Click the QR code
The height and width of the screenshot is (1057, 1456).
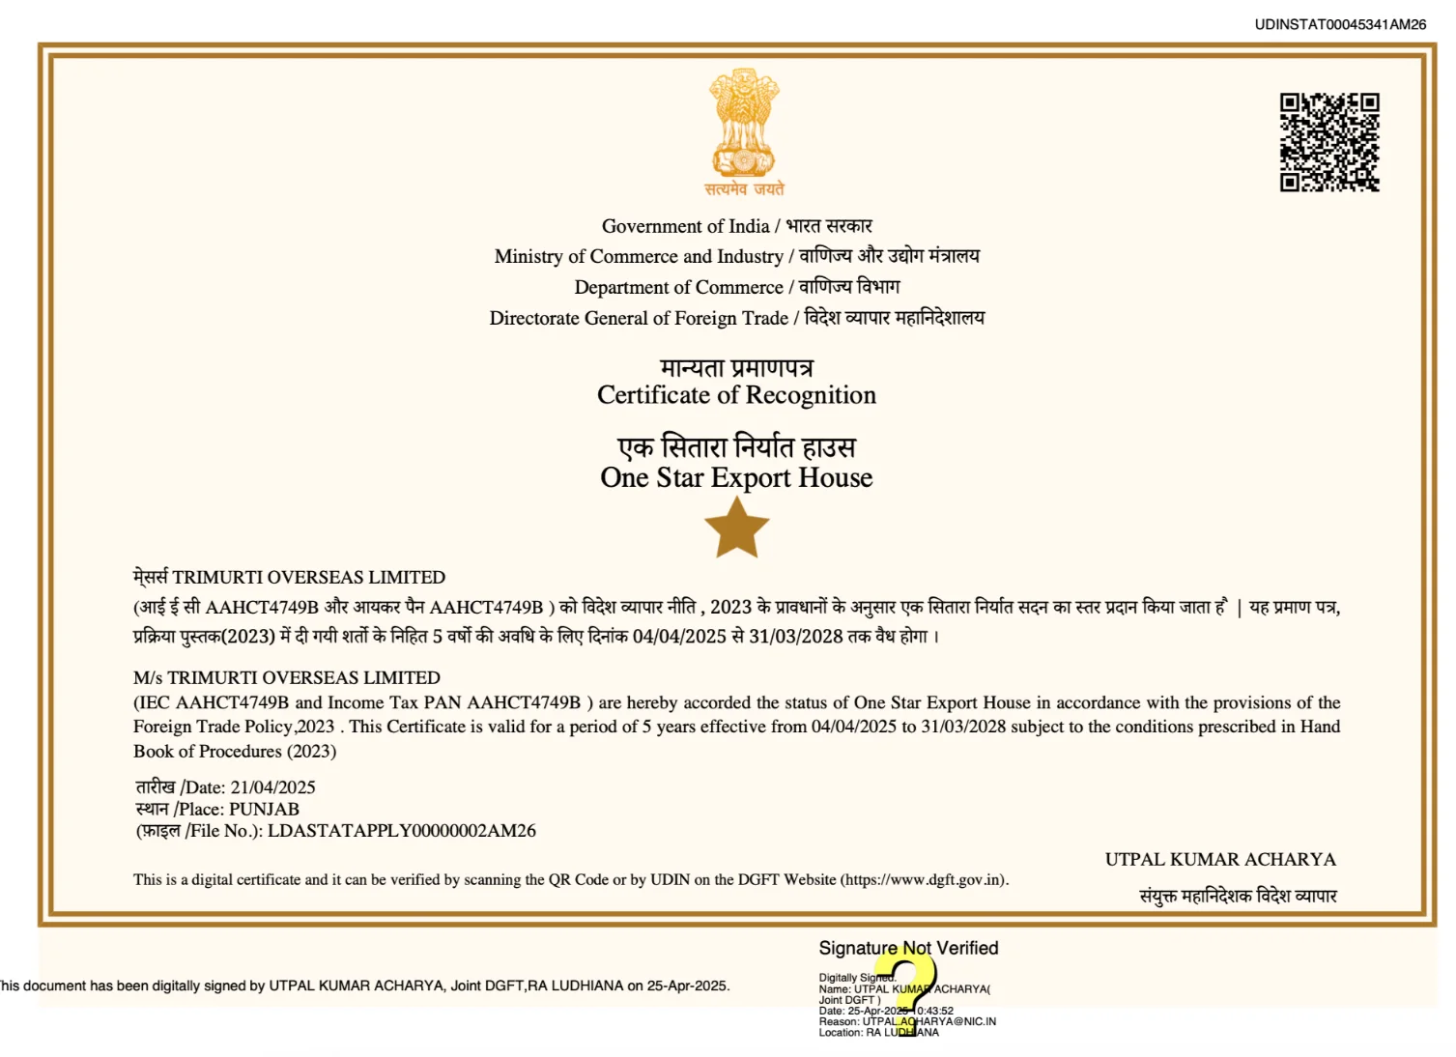tap(1329, 142)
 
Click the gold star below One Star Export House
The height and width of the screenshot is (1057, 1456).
tap(736, 528)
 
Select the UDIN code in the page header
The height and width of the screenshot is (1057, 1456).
tap(1340, 24)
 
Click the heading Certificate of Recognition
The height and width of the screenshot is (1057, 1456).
tap(736, 395)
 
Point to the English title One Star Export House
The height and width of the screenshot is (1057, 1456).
tap(736, 477)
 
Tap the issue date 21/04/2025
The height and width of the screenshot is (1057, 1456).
tap(272, 787)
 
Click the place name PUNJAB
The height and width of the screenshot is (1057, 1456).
tap(264, 809)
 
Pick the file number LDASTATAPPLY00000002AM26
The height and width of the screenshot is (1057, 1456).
tap(401, 831)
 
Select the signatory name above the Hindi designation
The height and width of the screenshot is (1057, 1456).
tap(1220, 859)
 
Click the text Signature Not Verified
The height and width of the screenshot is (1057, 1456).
tap(908, 948)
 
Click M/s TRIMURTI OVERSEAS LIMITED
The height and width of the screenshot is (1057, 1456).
tap(287, 677)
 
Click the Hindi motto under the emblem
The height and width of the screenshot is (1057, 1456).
tap(743, 189)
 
